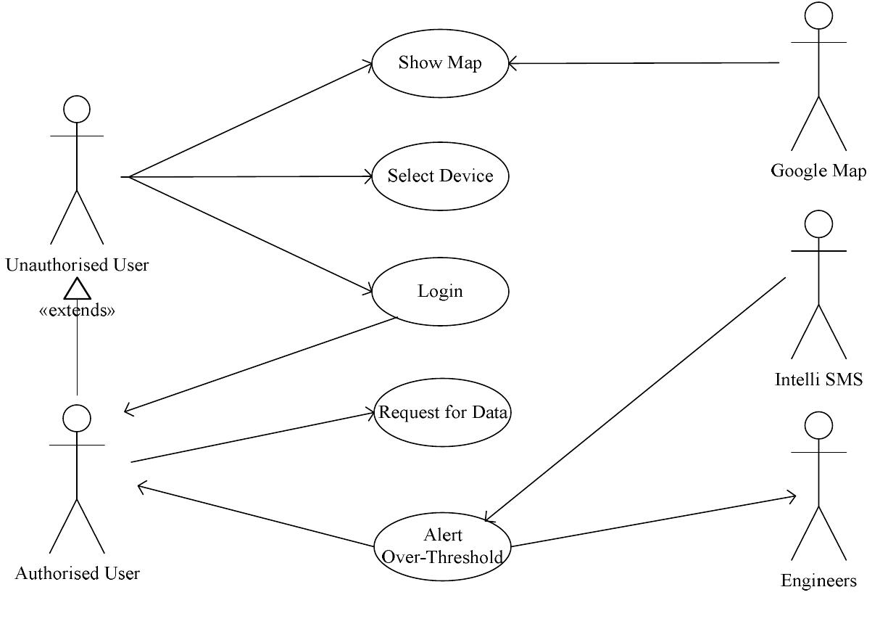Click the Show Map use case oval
(x=440, y=63)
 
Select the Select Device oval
(x=440, y=176)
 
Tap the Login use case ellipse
(x=440, y=292)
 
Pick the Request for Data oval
(x=443, y=413)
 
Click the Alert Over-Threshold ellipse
(x=442, y=546)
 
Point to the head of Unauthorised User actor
(x=77, y=110)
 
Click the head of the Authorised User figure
(x=77, y=418)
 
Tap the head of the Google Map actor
(x=819, y=16)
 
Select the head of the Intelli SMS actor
(x=818, y=224)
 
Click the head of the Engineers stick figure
(x=818, y=424)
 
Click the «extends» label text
(x=77, y=311)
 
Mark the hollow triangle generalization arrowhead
(x=77, y=290)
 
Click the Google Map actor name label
(x=818, y=171)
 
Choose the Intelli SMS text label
(x=818, y=379)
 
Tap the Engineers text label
(x=818, y=580)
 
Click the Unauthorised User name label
(x=77, y=265)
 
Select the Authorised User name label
(x=77, y=573)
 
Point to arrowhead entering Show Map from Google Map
(x=511, y=63)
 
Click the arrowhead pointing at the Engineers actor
(x=792, y=497)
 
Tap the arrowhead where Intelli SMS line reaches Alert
(x=489, y=518)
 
